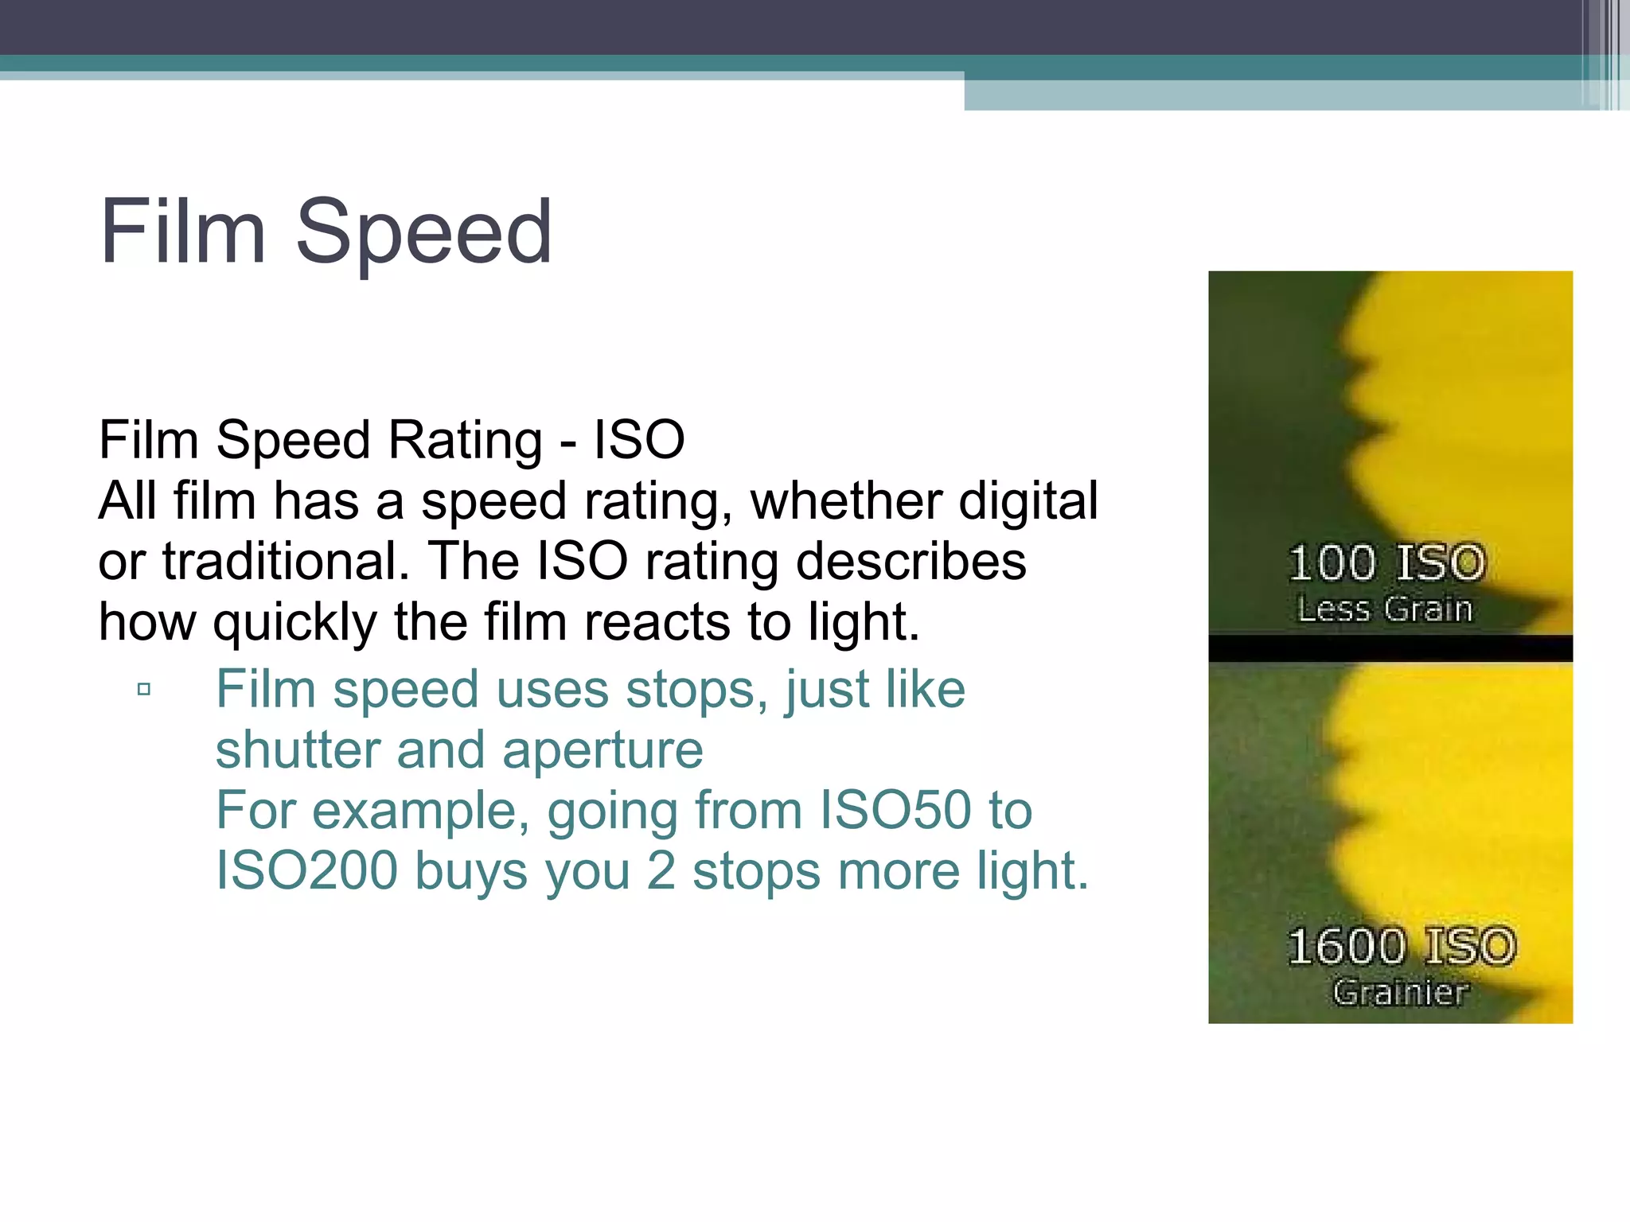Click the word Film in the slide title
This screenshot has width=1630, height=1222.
[x=182, y=232]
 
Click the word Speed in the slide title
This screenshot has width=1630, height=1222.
[x=423, y=233]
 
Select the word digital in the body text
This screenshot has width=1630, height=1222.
[x=1028, y=502]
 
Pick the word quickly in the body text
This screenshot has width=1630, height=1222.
[x=294, y=623]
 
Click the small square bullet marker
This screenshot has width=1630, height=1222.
[x=144, y=689]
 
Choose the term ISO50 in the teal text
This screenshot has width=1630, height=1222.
[x=895, y=811]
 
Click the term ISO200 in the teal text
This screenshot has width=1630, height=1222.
[x=306, y=871]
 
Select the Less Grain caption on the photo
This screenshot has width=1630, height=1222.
[x=1385, y=609]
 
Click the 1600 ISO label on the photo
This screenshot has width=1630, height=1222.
[x=1402, y=947]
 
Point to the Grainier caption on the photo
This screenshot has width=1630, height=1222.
[x=1400, y=992]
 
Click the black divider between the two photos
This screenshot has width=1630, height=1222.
[x=1390, y=648]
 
